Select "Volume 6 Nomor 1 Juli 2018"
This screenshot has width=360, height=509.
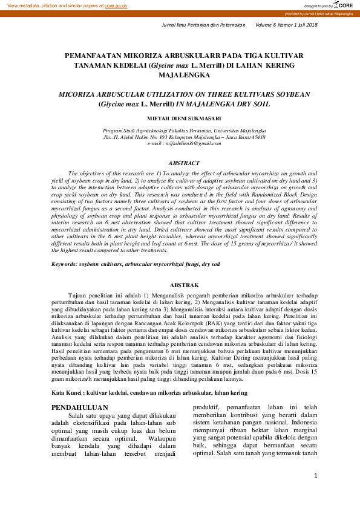click(x=286, y=25)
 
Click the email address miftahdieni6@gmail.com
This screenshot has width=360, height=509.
click(x=184, y=144)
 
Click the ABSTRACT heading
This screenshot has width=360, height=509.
click(x=184, y=163)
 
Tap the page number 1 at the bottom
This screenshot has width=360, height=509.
click(x=316, y=493)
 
